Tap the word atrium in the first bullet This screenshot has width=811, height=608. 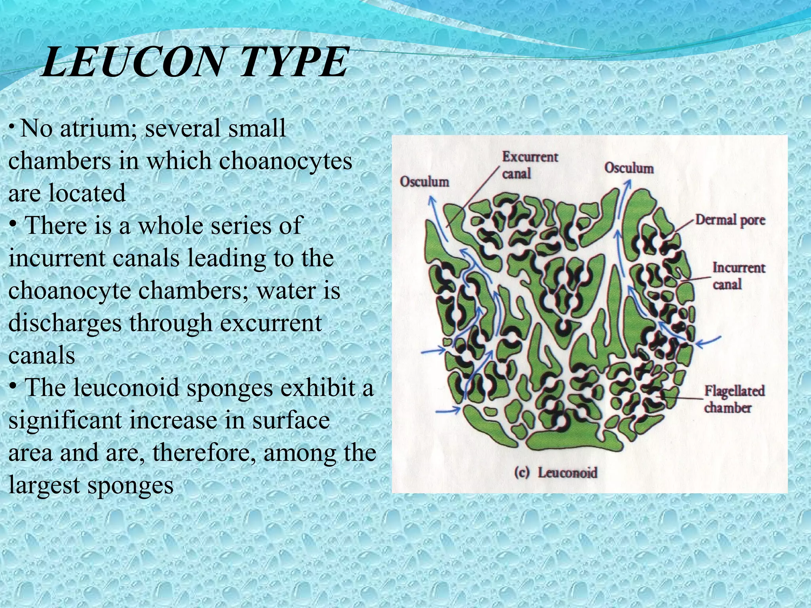click(x=98, y=128)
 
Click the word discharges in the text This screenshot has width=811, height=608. click(x=65, y=323)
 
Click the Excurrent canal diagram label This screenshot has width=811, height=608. click(x=530, y=165)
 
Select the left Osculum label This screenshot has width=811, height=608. click(x=425, y=182)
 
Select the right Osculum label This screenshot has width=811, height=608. click(x=629, y=168)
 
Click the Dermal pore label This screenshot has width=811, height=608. click(x=730, y=220)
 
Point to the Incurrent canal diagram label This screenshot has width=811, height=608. click(x=738, y=275)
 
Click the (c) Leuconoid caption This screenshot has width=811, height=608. click(x=556, y=473)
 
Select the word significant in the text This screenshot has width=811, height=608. click(x=65, y=420)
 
